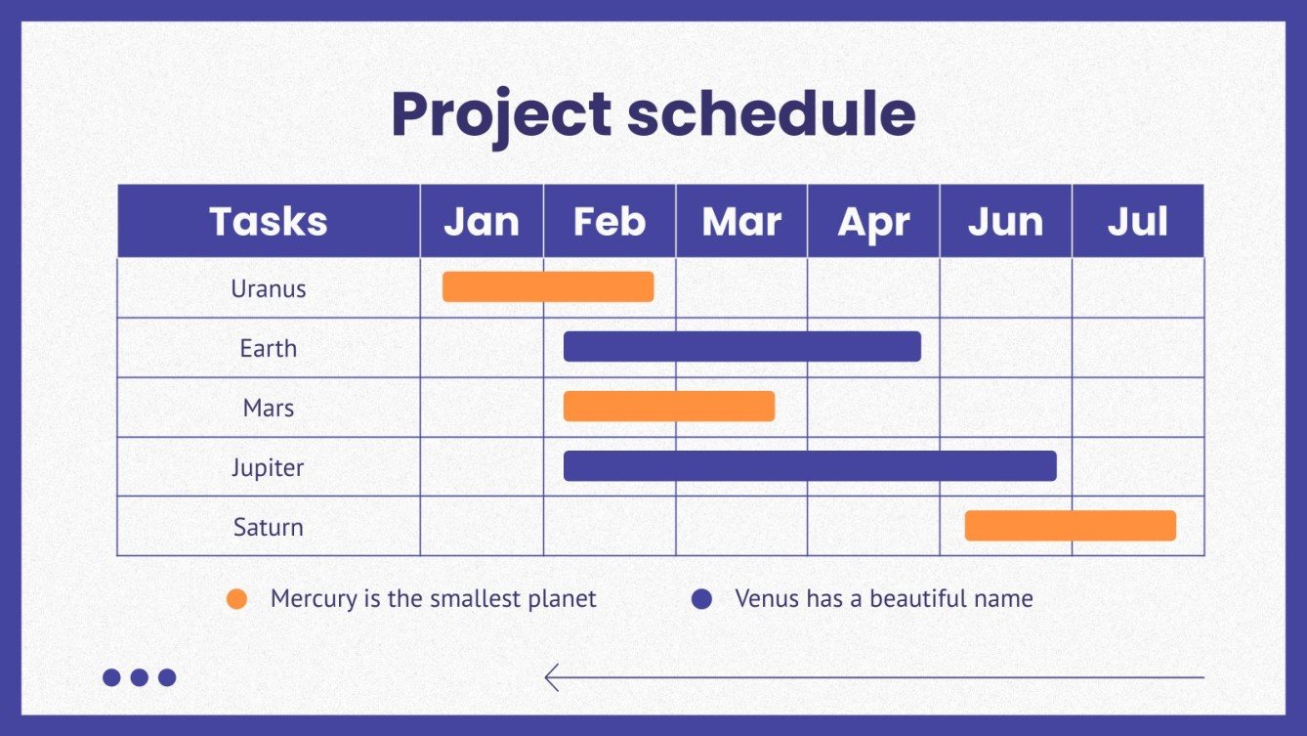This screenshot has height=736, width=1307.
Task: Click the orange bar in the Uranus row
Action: coord(548,286)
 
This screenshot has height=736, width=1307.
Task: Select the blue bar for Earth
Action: coord(742,347)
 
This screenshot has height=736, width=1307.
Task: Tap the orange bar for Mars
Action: coord(669,407)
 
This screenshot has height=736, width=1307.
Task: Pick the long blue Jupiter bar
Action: coord(810,466)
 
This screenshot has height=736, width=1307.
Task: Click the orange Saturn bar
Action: coord(1070,525)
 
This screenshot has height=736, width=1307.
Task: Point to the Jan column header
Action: coord(482,221)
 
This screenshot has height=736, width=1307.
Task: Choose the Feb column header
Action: coord(610,221)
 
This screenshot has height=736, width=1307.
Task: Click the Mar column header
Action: coord(741,221)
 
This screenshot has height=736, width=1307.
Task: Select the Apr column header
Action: coord(873,221)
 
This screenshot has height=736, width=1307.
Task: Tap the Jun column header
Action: coord(1006,221)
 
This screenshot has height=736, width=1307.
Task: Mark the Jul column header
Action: coord(1138,221)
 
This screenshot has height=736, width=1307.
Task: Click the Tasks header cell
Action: coord(269,221)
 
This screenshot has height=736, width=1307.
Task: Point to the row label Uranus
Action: coord(269,289)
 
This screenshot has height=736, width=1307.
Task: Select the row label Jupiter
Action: coord(268,468)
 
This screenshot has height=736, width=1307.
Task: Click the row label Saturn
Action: coord(269,527)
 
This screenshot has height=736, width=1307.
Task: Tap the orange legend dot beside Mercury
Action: coord(237,599)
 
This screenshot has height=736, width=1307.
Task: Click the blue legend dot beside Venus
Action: coord(701,599)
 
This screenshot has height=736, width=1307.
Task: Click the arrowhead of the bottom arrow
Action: coord(551,677)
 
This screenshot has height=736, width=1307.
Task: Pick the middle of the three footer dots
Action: coord(140,677)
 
